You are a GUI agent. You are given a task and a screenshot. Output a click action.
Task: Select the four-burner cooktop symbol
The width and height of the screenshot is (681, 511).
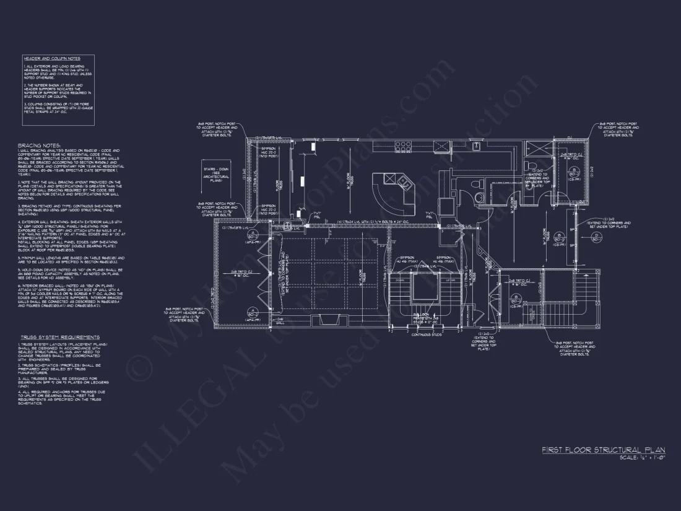pyautogui.click(x=404, y=147)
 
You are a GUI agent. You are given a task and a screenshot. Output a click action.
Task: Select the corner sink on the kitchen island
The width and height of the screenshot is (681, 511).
pyautogui.click(x=403, y=181)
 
